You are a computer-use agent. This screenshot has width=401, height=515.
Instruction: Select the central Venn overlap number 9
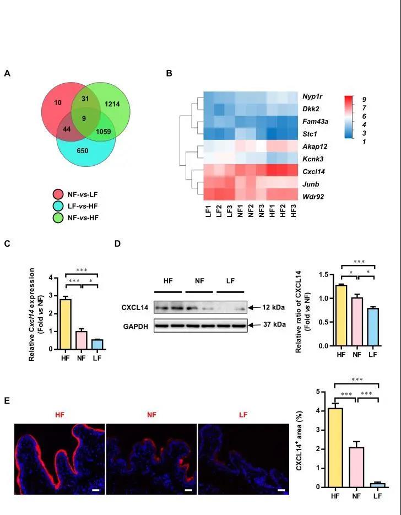click(x=84, y=117)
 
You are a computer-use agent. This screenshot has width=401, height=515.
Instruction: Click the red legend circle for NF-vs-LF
click(x=56, y=193)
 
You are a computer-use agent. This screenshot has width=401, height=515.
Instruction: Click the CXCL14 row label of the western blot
click(x=136, y=307)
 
